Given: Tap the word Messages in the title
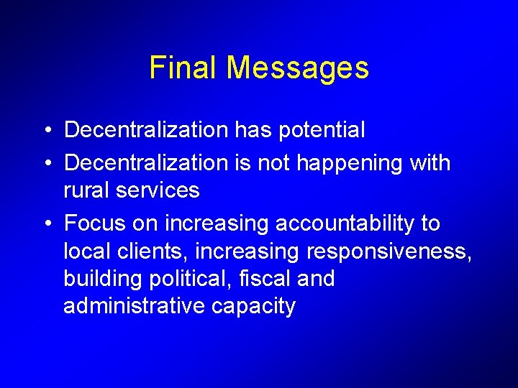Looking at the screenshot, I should click(x=297, y=69).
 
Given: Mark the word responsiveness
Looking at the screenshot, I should click(x=388, y=252).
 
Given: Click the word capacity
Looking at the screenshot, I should click(x=254, y=307).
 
